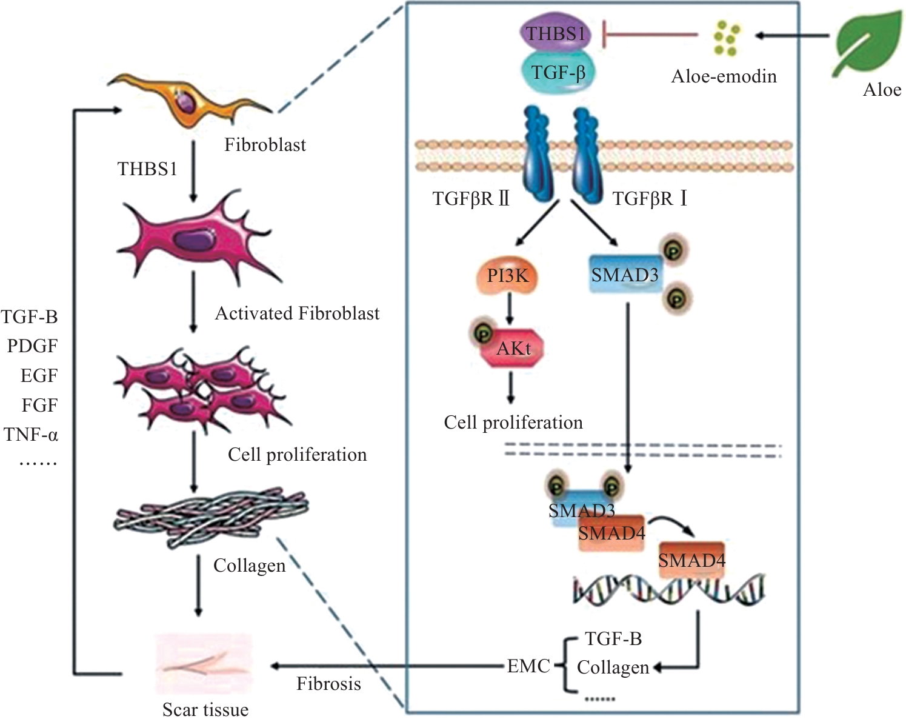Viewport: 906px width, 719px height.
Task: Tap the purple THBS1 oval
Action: pos(555,33)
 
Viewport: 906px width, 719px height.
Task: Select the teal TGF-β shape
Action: pos(558,73)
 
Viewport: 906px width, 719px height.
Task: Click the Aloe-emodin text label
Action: pos(724,76)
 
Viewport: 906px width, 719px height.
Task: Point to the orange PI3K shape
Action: pos(508,276)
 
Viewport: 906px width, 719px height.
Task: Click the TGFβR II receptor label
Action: pos(471,199)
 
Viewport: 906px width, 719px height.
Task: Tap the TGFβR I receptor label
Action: pos(650,199)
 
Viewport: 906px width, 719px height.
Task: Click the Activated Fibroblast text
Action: pos(297,313)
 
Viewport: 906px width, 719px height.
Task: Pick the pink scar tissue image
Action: pos(204,664)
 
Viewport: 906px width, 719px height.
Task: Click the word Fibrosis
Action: pos(328,684)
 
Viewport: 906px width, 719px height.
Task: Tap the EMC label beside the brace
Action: pos(528,666)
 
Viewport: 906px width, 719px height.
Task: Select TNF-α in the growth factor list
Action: pos(31,435)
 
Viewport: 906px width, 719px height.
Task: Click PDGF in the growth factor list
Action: pos(32,346)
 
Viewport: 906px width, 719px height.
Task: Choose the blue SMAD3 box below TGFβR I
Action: pos(625,275)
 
